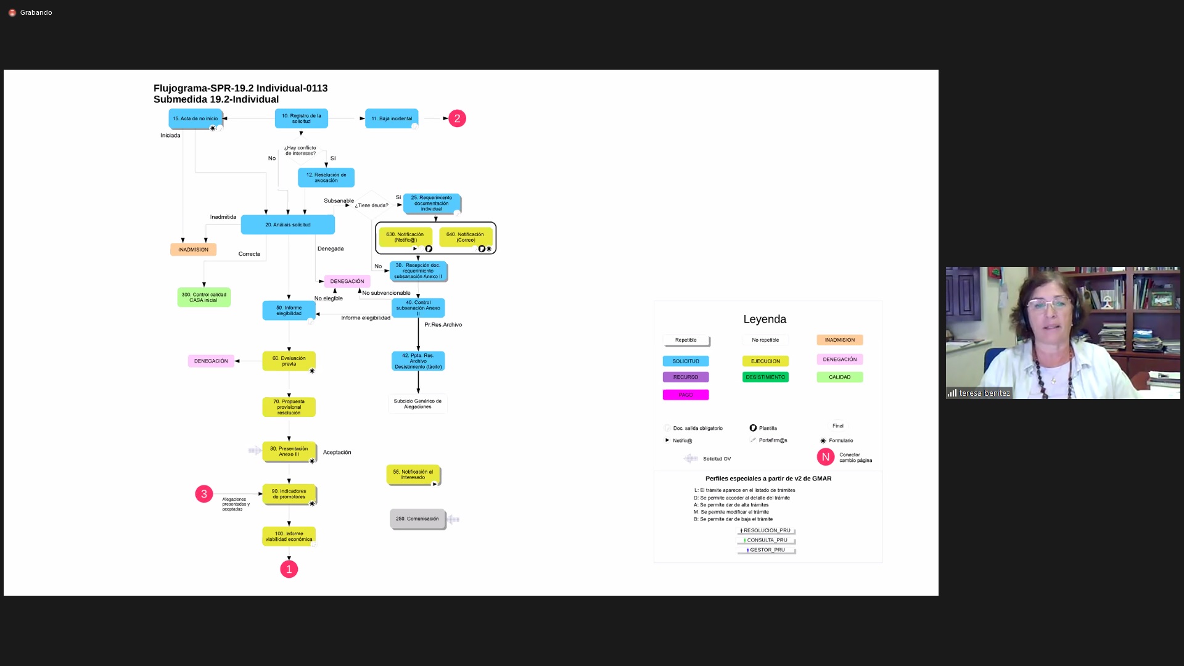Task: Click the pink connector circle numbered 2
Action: click(x=457, y=118)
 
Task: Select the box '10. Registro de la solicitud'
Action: click(x=301, y=118)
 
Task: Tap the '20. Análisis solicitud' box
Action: click(x=287, y=224)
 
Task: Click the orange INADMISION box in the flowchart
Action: click(x=193, y=250)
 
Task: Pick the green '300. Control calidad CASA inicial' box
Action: click(x=203, y=297)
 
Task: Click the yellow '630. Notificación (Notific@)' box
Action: click(x=405, y=237)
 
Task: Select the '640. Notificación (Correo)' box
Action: click(x=465, y=237)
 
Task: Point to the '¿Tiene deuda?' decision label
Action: click(x=371, y=205)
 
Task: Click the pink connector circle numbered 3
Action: click(x=204, y=494)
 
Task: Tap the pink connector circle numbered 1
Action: click(x=289, y=569)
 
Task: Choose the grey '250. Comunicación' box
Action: click(x=417, y=519)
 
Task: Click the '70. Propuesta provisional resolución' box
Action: click(x=289, y=407)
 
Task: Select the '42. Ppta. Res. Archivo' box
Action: click(x=418, y=361)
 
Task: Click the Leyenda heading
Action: click(x=765, y=319)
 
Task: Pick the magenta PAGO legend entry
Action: click(x=686, y=395)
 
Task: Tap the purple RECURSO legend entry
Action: click(x=686, y=377)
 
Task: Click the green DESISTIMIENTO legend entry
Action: click(x=765, y=377)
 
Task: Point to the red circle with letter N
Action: click(x=825, y=457)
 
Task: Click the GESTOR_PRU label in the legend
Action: click(x=767, y=549)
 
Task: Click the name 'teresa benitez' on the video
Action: click(x=984, y=393)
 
